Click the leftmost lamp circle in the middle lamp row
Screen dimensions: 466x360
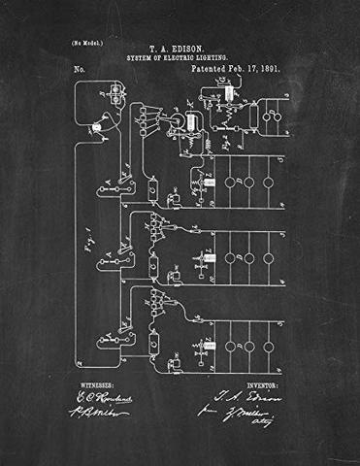pos(229,258)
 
